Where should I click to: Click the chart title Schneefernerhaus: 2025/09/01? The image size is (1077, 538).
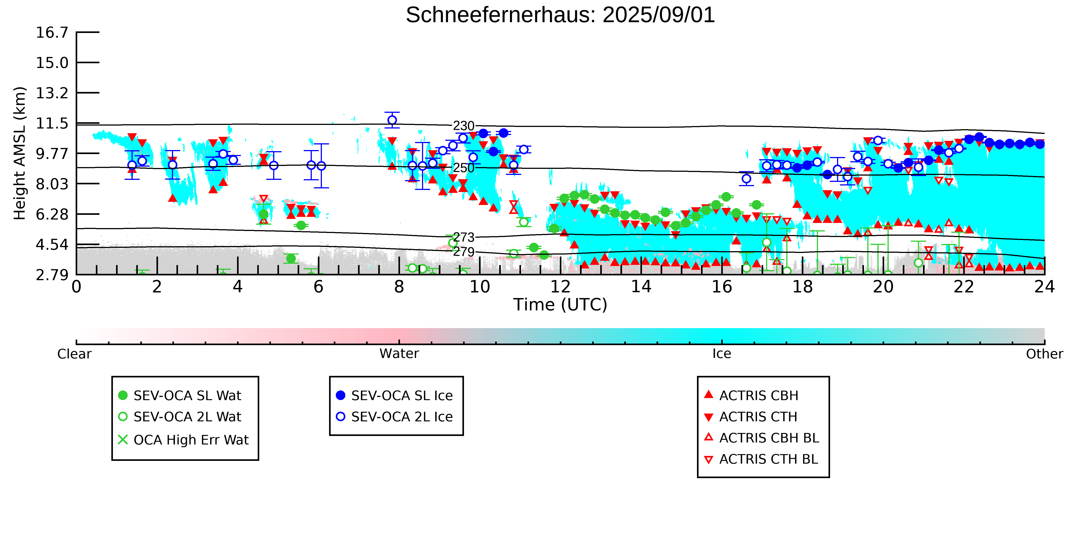point(560,15)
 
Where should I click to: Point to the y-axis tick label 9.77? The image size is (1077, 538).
point(52,154)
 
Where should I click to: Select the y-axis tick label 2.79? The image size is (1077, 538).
point(52,275)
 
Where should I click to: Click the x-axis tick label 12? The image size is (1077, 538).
point(560,287)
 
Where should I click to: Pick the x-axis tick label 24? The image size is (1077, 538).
point(1044,287)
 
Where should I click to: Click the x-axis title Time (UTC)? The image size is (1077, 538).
point(560,305)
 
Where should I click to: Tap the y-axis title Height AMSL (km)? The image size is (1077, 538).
point(20,153)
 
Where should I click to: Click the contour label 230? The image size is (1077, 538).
point(464,126)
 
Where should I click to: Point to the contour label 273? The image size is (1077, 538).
point(464,237)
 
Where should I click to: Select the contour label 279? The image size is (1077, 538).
point(464,252)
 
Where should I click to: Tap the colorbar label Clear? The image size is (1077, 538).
point(75,354)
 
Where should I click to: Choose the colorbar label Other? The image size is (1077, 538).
point(1044,354)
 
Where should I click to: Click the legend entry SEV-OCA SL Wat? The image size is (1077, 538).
point(180,396)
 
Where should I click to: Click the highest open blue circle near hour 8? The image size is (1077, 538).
point(392,120)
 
